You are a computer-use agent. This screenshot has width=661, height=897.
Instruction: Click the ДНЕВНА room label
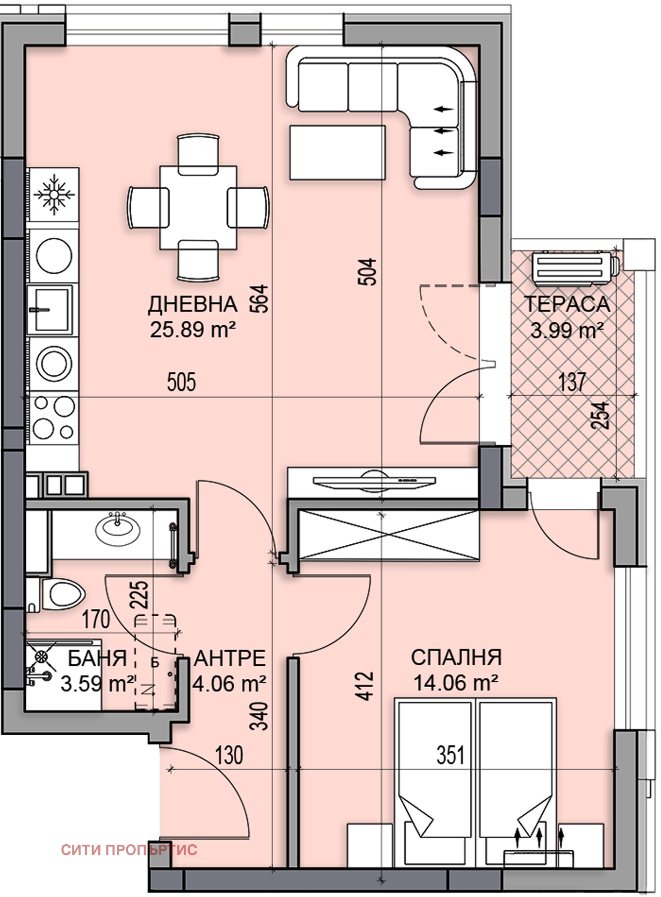point(193,305)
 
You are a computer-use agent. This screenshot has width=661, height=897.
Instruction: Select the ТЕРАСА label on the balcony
point(567,304)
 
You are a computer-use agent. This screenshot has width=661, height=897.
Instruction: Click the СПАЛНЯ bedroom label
point(456,658)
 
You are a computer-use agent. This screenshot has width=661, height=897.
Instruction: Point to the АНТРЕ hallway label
point(230,659)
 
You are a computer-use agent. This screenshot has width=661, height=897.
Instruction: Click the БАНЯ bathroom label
point(97,659)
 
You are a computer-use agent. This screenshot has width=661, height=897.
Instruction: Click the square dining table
point(198,208)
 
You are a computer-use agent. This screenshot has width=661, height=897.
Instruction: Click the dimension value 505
point(181,382)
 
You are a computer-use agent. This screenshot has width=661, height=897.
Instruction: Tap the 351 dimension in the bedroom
point(451,755)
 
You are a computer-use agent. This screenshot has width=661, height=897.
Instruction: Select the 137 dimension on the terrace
point(572,382)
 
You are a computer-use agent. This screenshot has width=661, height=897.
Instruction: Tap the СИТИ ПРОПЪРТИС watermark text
point(129,849)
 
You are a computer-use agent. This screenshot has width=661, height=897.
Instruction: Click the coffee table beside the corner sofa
point(337,152)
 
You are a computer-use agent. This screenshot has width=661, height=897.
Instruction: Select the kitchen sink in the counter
point(50,310)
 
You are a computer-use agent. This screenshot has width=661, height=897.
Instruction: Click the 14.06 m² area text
point(455,683)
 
